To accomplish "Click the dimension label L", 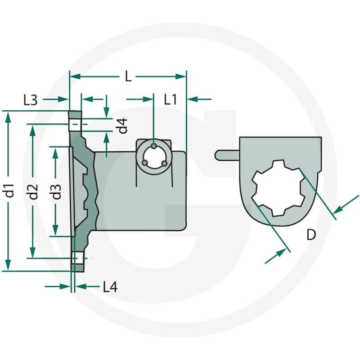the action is coord(128,76).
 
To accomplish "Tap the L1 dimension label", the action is coord(171,99).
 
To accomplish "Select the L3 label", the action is coord(31,100).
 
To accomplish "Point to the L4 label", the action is coord(110,287).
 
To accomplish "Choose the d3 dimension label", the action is coord(56,192).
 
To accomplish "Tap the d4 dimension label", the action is coord(122,126).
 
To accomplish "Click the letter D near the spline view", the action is coord(311,234).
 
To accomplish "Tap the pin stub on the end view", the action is coord(227,155).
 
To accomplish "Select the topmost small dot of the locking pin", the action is coord(154,146).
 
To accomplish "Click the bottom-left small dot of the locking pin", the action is coord(144,163).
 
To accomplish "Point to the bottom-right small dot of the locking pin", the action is coord(164,164).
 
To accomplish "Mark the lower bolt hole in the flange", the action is coord(78,258).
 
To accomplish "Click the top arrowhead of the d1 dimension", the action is coord(8,117).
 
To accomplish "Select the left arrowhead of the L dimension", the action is coord(75,76).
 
